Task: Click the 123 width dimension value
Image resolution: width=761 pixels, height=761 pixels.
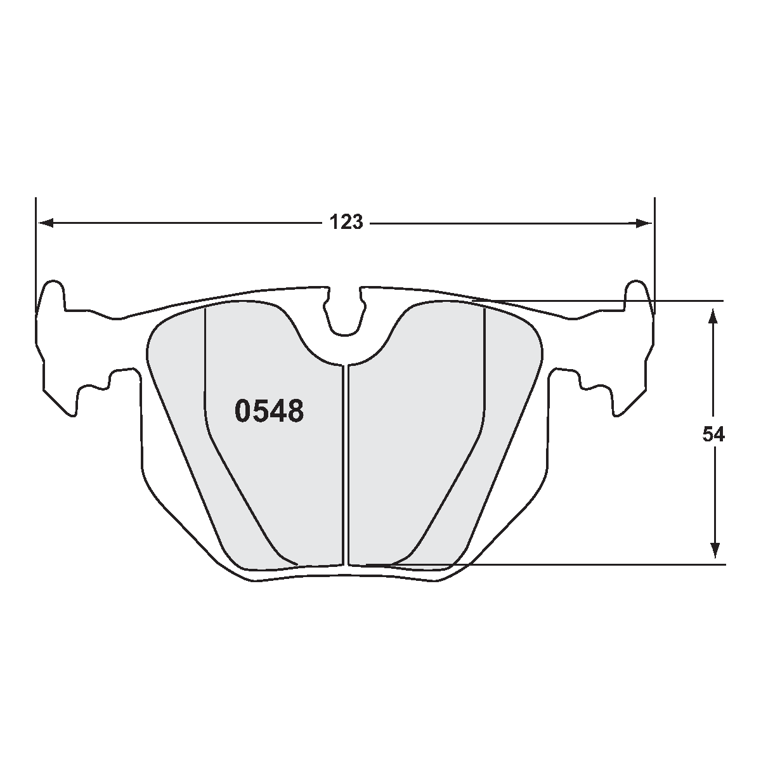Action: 346,223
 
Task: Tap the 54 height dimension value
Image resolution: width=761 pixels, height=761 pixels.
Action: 713,434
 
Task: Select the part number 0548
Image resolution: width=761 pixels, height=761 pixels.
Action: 270,412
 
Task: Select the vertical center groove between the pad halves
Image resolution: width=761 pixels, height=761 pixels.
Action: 346,463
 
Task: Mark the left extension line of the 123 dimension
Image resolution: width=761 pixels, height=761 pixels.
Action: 36,254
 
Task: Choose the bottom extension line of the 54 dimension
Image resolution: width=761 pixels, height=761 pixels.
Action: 571,564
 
